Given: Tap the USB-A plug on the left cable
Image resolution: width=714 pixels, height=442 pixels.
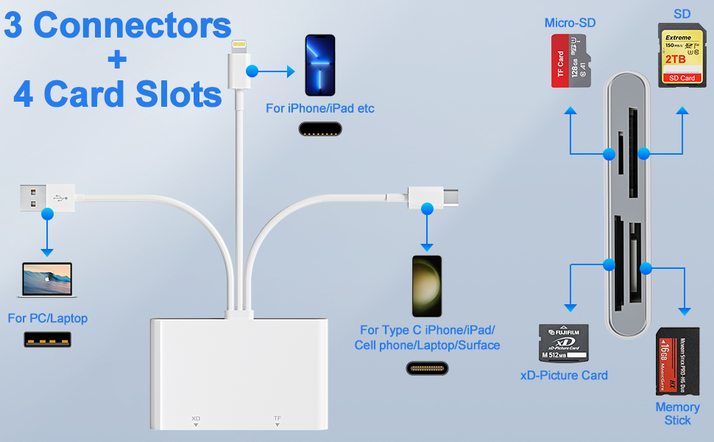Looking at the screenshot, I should pyautogui.click(x=40, y=197).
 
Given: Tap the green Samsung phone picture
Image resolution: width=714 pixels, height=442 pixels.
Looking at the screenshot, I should pyautogui.click(x=427, y=286).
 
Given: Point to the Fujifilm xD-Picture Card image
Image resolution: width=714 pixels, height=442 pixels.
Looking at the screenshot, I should pyautogui.click(x=563, y=343).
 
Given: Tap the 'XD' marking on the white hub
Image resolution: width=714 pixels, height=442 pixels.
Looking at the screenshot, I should pyautogui.click(x=196, y=418).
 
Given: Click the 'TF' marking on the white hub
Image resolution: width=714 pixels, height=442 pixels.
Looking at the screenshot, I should pyautogui.click(x=278, y=418).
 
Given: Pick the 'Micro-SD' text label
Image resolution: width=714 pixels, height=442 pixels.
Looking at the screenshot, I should pyautogui.click(x=570, y=23).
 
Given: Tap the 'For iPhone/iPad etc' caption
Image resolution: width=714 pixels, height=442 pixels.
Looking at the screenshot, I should pyautogui.click(x=320, y=108).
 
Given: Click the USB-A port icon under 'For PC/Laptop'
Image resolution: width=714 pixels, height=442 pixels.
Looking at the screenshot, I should pyautogui.click(x=47, y=340).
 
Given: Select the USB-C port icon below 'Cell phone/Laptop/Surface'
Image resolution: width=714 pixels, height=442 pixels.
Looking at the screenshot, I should pyautogui.click(x=427, y=368).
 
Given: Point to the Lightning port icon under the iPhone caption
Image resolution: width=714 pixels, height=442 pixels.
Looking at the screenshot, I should pyautogui.click(x=320, y=130).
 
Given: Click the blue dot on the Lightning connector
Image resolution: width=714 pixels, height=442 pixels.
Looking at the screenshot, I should pyautogui.click(x=252, y=71).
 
